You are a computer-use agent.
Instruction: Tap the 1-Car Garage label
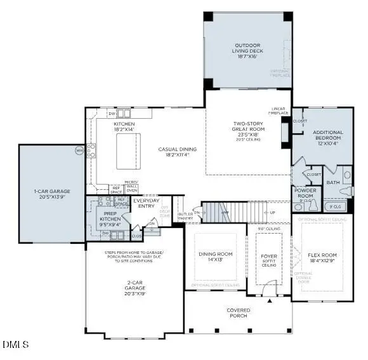click(x=52, y=194)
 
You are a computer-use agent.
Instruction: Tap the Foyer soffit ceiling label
click(x=270, y=260)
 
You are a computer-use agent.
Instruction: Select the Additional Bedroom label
click(x=328, y=137)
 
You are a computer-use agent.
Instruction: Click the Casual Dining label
click(x=177, y=151)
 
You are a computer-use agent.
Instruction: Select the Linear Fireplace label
click(x=279, y=110)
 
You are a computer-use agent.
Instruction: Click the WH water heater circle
click(x=79, y=150)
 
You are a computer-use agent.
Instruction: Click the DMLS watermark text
click(x=15, y=345)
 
